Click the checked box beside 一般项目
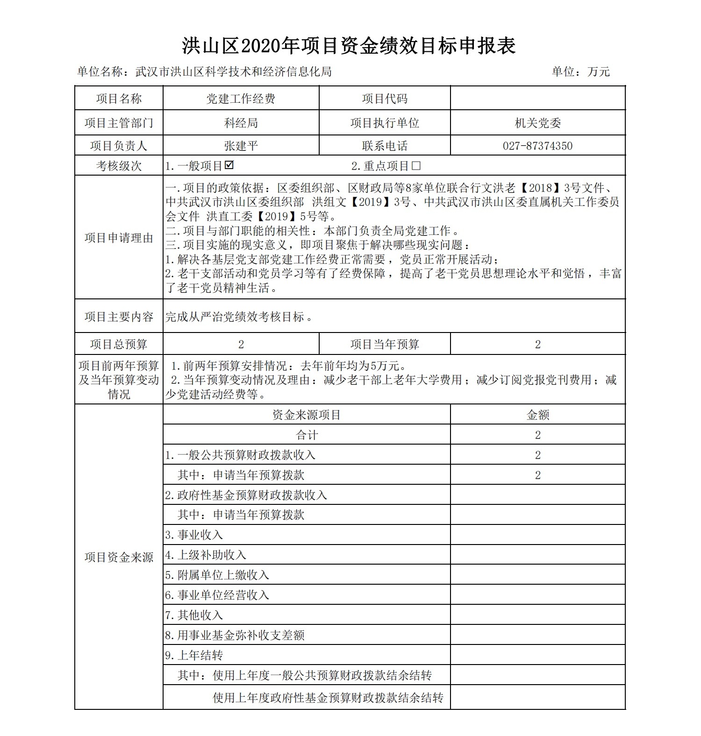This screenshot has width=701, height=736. (x=229, y=165)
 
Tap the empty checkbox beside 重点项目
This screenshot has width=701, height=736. (x=416, y=166)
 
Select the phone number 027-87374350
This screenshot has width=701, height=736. (x=537, y=146)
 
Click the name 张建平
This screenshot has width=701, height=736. (x=241, y=146)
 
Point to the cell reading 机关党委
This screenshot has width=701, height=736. (x=537, y=123)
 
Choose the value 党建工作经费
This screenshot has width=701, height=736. (x=241, y=99)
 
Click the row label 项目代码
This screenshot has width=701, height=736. (x=385, y=99)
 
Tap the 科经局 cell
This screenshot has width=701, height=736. (x=241, y=123)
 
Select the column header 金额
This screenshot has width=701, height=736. (x=537, y=415)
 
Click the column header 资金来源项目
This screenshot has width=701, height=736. (x=307, y=415)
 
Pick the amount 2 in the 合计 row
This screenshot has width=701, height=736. (x=537, y=435)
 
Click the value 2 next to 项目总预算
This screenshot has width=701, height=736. (x=241, y=344)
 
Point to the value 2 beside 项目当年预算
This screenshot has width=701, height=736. (x=537, y=344)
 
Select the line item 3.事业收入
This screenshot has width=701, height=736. (x=194, y=535)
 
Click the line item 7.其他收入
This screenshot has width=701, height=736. (x=194, y=615)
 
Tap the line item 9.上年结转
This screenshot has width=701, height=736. (x=194, y=655)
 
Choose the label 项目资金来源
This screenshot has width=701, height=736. (x=119, y=557)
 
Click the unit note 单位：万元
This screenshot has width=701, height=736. (x=580, y=71)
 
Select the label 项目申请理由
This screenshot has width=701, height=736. (x=119, y=238)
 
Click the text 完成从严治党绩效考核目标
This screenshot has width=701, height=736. (x=238, y=317)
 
